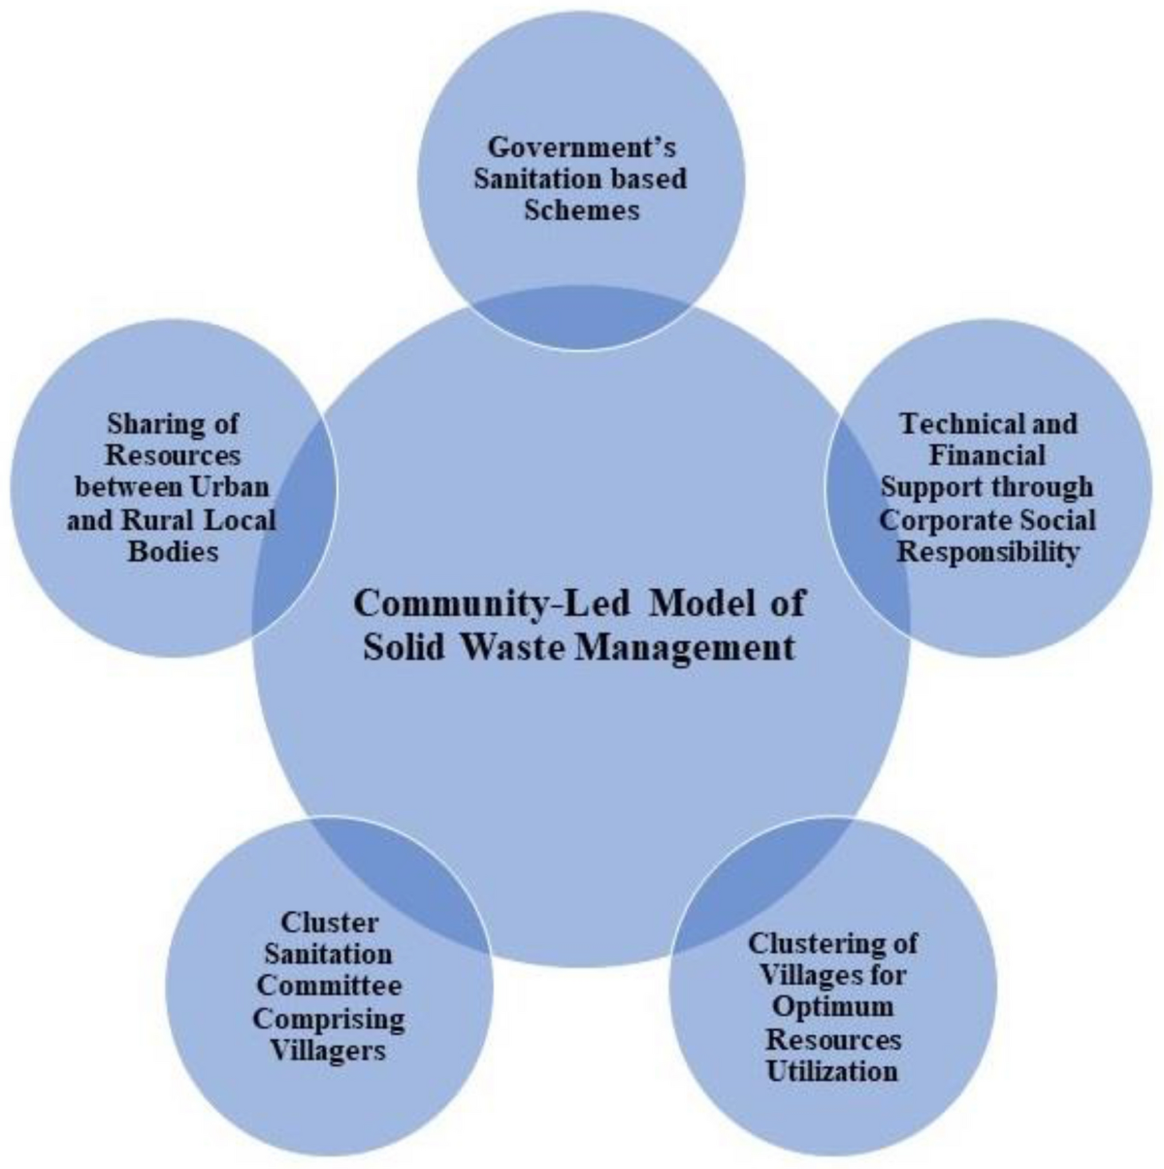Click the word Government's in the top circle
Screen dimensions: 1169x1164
coord(581,147)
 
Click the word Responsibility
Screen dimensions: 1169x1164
coord(987,551)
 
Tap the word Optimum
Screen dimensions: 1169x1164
coord(832,1007)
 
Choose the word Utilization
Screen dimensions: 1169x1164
coord(832,1071)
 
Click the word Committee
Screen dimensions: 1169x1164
coord(330,986)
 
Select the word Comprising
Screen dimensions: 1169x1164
coord(330,1019)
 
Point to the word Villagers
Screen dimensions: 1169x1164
coord(330,1051)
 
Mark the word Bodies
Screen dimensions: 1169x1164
coord(173,551)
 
